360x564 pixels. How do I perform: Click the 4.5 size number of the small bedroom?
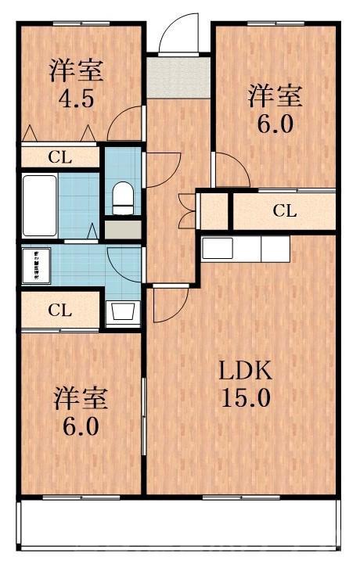click(x=76, y=100)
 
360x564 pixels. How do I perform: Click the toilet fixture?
click(x=124, y=197)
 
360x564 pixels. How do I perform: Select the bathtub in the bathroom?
click(x=39, y=205)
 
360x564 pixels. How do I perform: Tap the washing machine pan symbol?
click(x=36, y=265)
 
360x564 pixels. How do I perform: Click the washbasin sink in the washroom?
click(x=123, y=311)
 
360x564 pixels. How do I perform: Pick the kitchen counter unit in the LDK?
click(x=246, y=249)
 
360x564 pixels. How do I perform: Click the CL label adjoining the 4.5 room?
click(x=59, y=156)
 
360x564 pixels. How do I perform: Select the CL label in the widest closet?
click(x=285, y=210)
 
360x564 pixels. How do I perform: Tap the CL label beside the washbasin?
click(x=59, y=309)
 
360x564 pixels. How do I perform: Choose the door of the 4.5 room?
click(x=125, y=124)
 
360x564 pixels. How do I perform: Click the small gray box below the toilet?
click(x=122, y=230)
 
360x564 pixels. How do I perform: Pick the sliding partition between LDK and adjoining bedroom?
click(x=144, y=415)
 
